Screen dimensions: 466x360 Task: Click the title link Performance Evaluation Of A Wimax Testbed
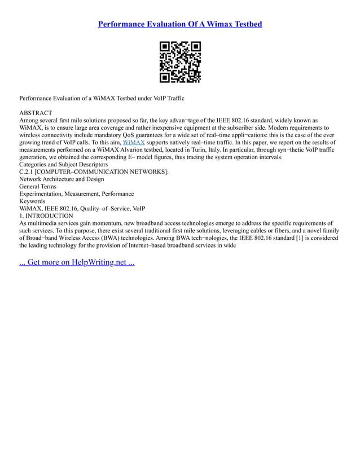pyautogui.click(x=180, y=24)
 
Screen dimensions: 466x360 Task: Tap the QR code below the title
pyautogui.click(x=180, y=62)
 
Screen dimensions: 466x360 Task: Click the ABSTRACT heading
pyautogui.click(x=36, y=113)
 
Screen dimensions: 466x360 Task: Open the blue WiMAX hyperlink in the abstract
pyautogui.click(x=134, y=143)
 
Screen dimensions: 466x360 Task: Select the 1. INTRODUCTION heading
pyautogui.click(x=46, y=216)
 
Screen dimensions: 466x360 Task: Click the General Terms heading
pyautogui.click(x=38, y=187)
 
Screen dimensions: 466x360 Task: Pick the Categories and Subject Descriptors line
pyautogui.click(x=63, y=165)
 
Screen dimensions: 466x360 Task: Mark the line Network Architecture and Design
pyautogui.click(x=62, y=179)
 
